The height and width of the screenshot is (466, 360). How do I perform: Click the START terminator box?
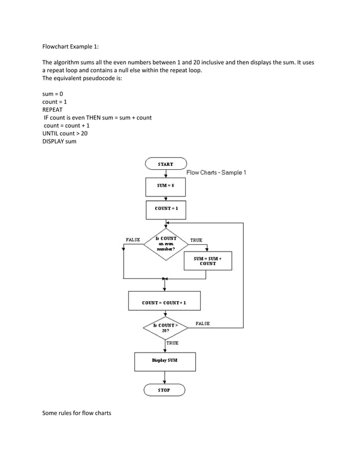165,164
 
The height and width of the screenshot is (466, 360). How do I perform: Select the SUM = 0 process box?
165,186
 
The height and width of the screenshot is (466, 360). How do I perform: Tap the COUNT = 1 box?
166,209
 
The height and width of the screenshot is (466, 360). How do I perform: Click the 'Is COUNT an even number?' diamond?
166,244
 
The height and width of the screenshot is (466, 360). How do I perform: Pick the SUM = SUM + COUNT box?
208,261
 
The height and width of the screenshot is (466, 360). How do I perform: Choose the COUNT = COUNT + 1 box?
164,302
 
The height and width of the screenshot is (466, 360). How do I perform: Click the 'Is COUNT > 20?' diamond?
165,328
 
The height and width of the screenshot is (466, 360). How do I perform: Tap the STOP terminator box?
164,390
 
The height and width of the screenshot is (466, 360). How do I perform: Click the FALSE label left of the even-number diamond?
133,240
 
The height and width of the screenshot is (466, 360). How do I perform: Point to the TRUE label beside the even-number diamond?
196,240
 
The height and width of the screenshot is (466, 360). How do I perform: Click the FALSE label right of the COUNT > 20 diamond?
203,324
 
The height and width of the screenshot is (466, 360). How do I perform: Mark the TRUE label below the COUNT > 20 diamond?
172,343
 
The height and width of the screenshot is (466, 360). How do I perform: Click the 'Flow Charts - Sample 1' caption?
216,173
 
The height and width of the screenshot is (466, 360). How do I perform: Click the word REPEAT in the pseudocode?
52,109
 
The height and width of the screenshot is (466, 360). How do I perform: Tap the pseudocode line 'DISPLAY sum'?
59,141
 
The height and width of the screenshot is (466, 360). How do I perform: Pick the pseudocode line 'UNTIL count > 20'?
65,133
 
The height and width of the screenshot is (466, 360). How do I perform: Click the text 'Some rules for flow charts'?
77,414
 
